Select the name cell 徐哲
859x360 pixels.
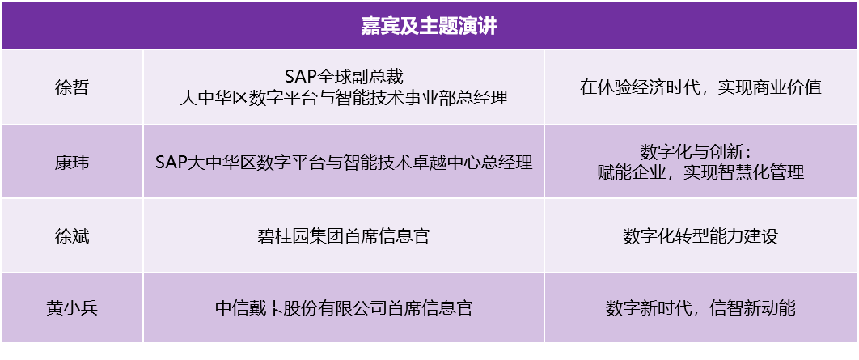tap(72, 87)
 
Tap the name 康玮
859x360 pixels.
tap(72, 163)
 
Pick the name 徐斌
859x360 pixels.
tap(72, 236)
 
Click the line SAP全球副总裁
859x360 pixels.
tap(344, 77)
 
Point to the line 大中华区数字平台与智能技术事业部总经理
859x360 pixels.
tap(344, 98)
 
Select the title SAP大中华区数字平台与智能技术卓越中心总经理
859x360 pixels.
tap(344, 162)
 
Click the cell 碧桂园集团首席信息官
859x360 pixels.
tap(344, 235)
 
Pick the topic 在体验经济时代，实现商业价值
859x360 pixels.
tap(701, 87)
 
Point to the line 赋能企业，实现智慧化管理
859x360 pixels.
tap(701, 172)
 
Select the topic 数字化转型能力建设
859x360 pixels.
tap(701, 235)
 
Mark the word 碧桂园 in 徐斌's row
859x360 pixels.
tap(284, 235)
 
